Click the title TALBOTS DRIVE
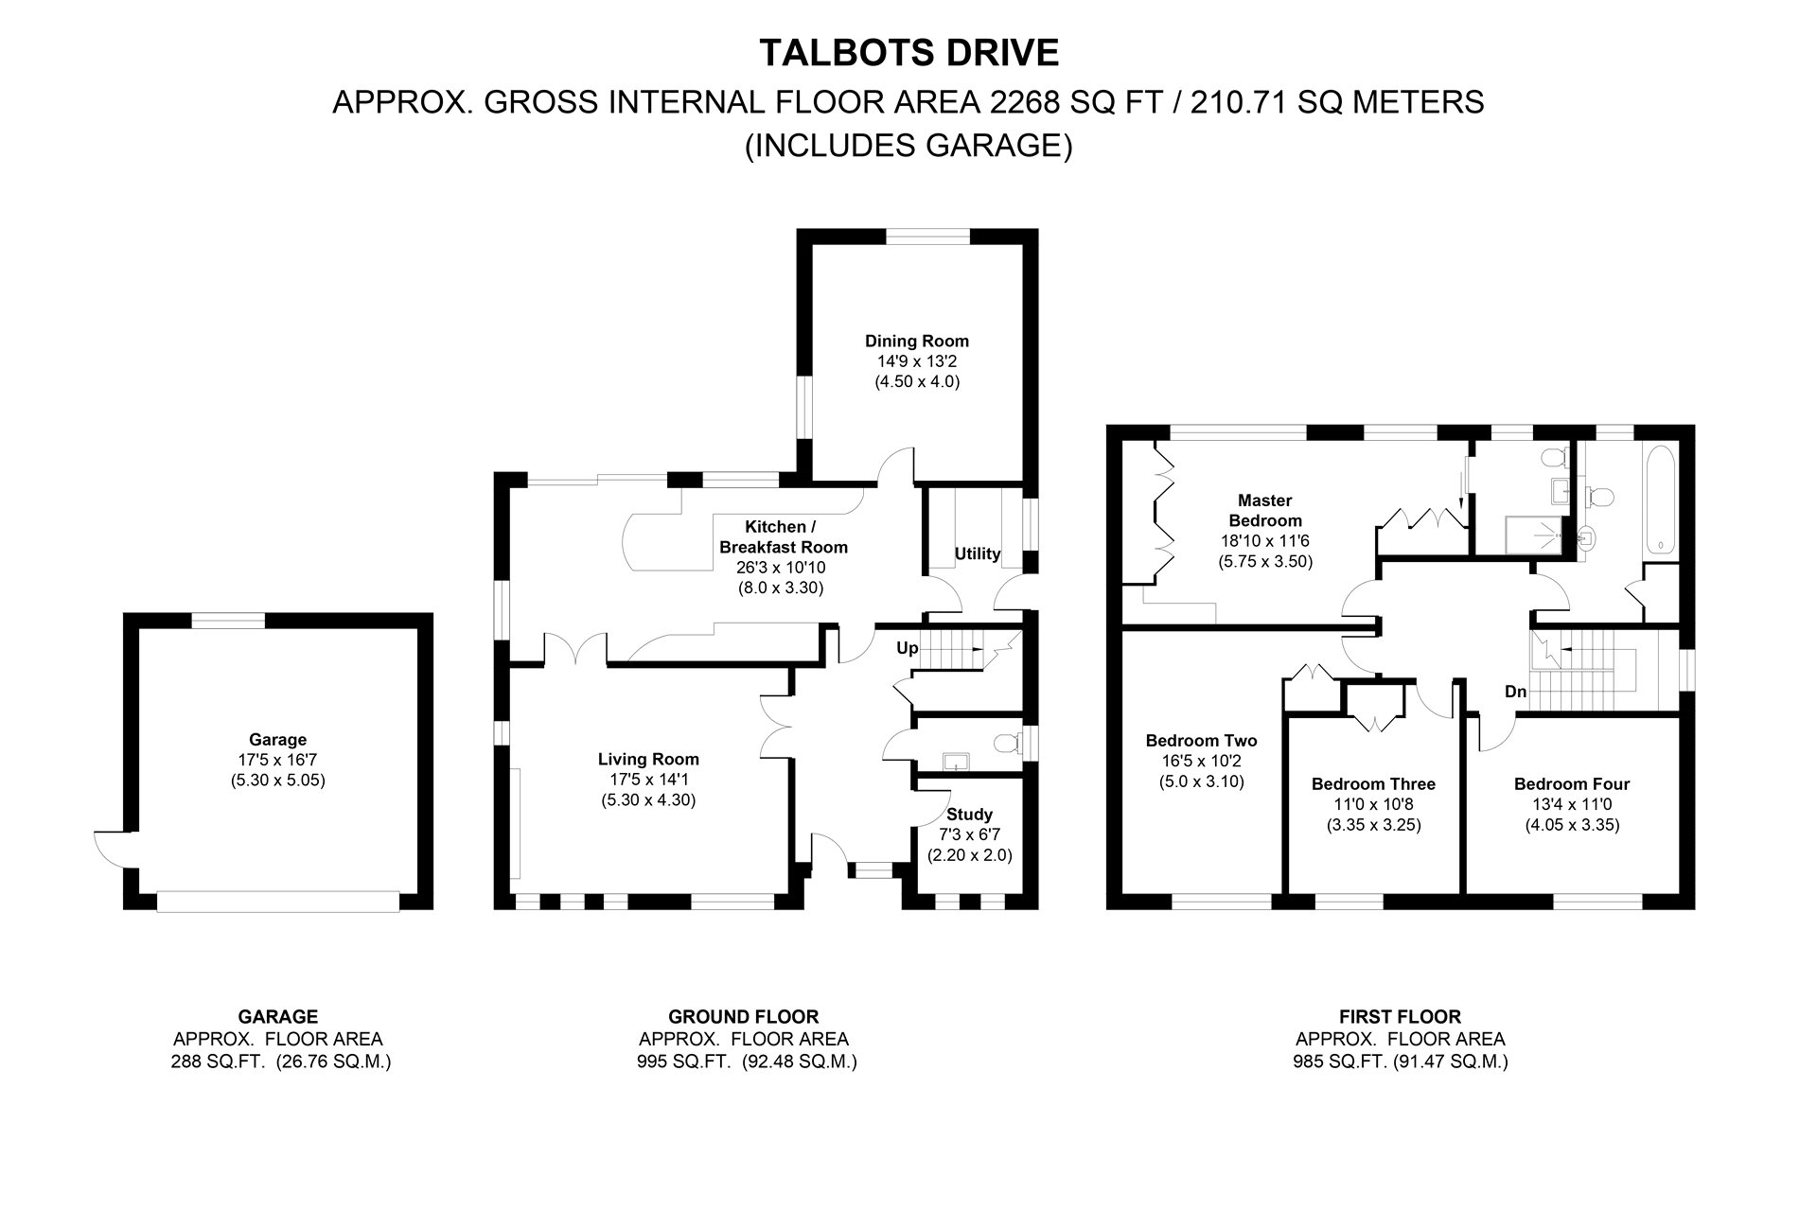click(908, 53)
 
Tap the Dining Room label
click(916, 341)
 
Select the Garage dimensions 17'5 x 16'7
click(277, 760)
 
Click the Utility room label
click(977, 553)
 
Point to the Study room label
click(969, 814)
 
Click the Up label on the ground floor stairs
click(907, 648)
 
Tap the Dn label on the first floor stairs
click(1515, 692)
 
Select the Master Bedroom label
click(1264, 510)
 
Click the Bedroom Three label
click(1372, 783)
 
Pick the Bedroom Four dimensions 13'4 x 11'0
click(1571, 804)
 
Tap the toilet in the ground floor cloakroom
click(1011, 743)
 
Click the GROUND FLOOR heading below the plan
click(743, 1017)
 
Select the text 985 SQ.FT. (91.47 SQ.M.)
click(1400, 1062)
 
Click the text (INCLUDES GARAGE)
click(908, 146)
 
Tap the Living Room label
click(648, 759)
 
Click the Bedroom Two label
click(1201, 741)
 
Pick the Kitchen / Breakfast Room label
click(783, 536)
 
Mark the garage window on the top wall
click(228, 621)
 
